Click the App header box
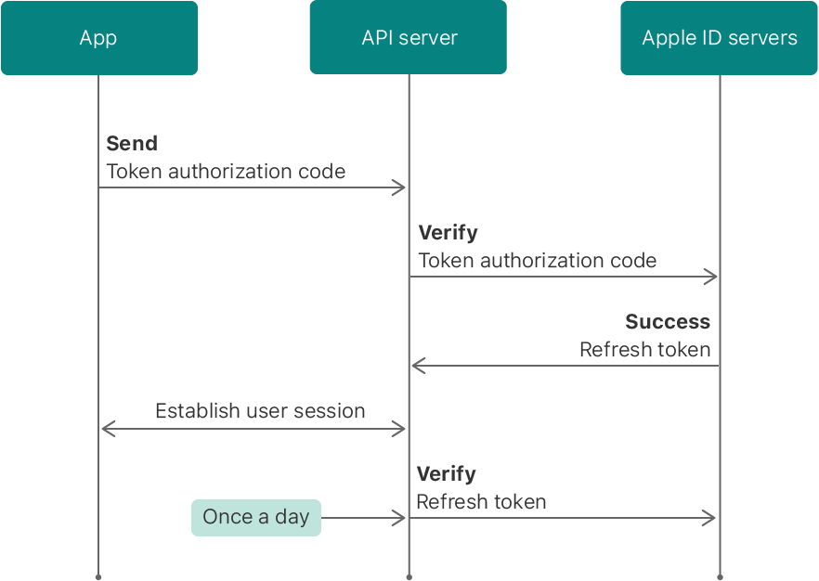98,38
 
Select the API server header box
409,38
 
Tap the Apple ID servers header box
720,38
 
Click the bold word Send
132,144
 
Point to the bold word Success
667,322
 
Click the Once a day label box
256,518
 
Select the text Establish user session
260,411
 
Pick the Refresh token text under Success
644,351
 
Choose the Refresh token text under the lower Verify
481,502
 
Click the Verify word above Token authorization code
448,233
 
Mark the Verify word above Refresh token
446,474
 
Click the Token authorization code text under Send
226,172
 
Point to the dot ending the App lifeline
98,576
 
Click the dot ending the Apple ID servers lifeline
720,576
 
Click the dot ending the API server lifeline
409,576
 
